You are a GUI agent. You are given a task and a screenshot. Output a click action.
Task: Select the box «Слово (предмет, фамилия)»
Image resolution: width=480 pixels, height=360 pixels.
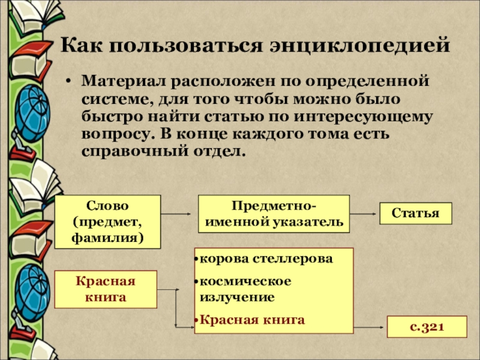pos(107,221)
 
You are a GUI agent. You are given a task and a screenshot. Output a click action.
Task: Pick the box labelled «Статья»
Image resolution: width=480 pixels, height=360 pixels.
pos(416,214)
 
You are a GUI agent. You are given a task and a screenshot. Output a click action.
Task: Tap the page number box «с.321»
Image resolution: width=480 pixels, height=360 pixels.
pos(427,327)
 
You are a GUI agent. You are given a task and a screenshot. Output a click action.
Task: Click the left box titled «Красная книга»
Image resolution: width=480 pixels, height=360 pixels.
pos(105,289)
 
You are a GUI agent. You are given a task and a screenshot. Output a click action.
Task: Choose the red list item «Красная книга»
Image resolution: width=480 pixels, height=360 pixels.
pos(252,319)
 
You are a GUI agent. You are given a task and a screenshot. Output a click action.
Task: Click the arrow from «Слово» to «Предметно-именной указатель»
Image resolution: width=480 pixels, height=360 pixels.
pos(179,214)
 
